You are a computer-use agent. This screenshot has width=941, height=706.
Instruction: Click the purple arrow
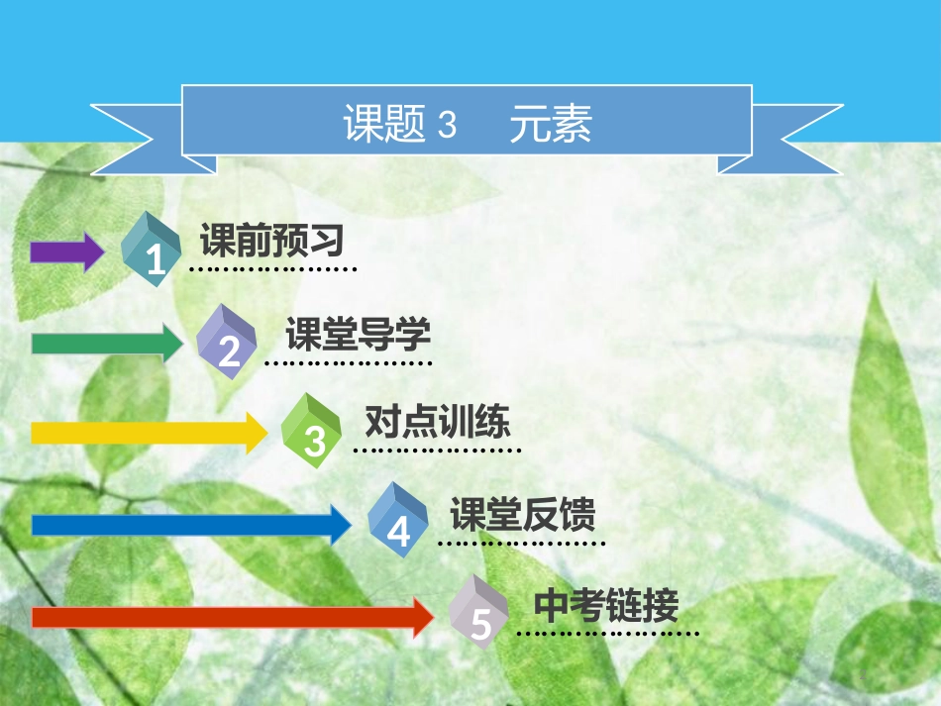click(65, 252)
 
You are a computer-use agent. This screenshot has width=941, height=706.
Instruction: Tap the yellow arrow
click(149, 433)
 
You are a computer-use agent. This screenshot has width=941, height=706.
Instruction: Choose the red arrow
click(232, 617)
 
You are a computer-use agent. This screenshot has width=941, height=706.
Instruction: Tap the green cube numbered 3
click(313, 432)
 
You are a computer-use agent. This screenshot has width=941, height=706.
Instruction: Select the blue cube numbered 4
click(397, 522)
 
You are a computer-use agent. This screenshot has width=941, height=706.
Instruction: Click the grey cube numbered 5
click(480, 614)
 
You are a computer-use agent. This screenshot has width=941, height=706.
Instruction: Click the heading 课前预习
click(271, 240)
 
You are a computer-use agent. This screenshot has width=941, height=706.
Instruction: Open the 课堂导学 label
click(358, 335)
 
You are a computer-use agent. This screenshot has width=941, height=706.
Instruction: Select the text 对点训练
click(437, 423)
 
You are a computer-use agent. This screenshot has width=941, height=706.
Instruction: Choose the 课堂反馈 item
click(522, 514)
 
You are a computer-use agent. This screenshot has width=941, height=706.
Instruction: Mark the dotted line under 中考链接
click(608, 633)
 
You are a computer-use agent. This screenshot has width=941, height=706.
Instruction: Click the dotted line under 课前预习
click(272, 268)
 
